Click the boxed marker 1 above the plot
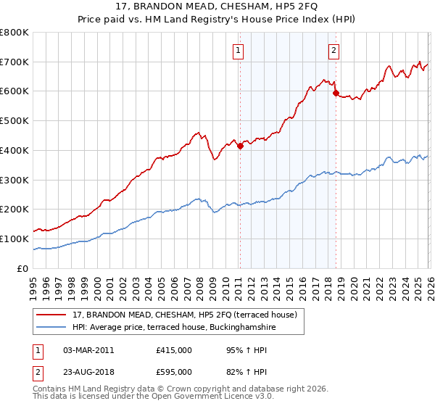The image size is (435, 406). [239, 51]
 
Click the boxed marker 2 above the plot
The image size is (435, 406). [333, 51]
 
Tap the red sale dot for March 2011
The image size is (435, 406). [240, 146]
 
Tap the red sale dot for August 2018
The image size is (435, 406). [335, 93]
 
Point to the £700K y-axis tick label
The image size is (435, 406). [14, 62]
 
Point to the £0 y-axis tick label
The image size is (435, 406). [22, 268]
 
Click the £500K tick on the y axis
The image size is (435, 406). [14, 121]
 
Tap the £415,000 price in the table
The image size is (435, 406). [173, 350]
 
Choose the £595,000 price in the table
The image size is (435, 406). [173, 372]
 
